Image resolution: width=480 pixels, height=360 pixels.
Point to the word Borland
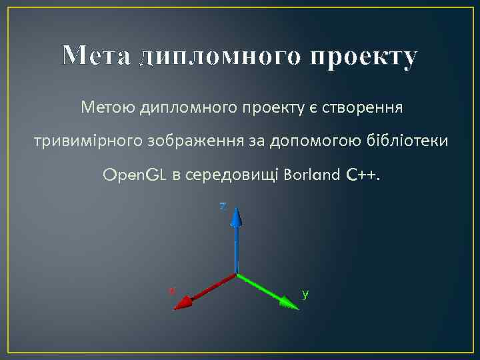(311, 175)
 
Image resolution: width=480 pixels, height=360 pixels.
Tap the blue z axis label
(223, 206)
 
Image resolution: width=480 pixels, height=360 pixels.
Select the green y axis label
(305, 293)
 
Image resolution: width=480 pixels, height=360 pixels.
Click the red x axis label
(171, 290)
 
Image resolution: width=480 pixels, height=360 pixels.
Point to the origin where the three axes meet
(237, 273)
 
